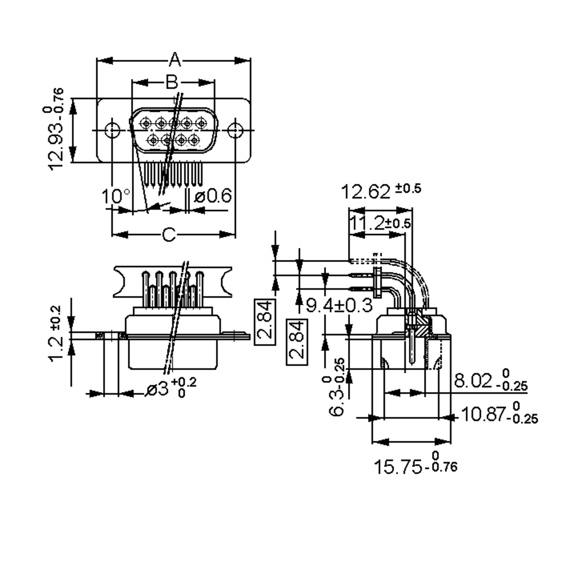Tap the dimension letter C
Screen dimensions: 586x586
pyautogui.click(x=169, y=234)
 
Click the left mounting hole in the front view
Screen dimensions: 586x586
pyautogui.click(x=112, y=130)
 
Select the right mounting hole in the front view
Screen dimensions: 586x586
pyautogui.click(x=236, y=130)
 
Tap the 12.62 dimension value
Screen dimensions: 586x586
pyautogui.click(x=366, y=192)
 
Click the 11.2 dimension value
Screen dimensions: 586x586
pyautogui.click(x=367, y=223)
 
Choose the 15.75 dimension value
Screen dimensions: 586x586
pyautogui.click(x=398, y=467)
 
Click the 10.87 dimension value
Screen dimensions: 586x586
pyautogui.click(x=483, y=414)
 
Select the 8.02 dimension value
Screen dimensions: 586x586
pyautogui.click(x=473, y=381)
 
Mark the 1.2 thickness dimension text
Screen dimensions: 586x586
pyautogui.click(x=56, y=349)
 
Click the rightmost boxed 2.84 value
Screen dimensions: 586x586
pyautogui.click(x=297, y=342)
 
